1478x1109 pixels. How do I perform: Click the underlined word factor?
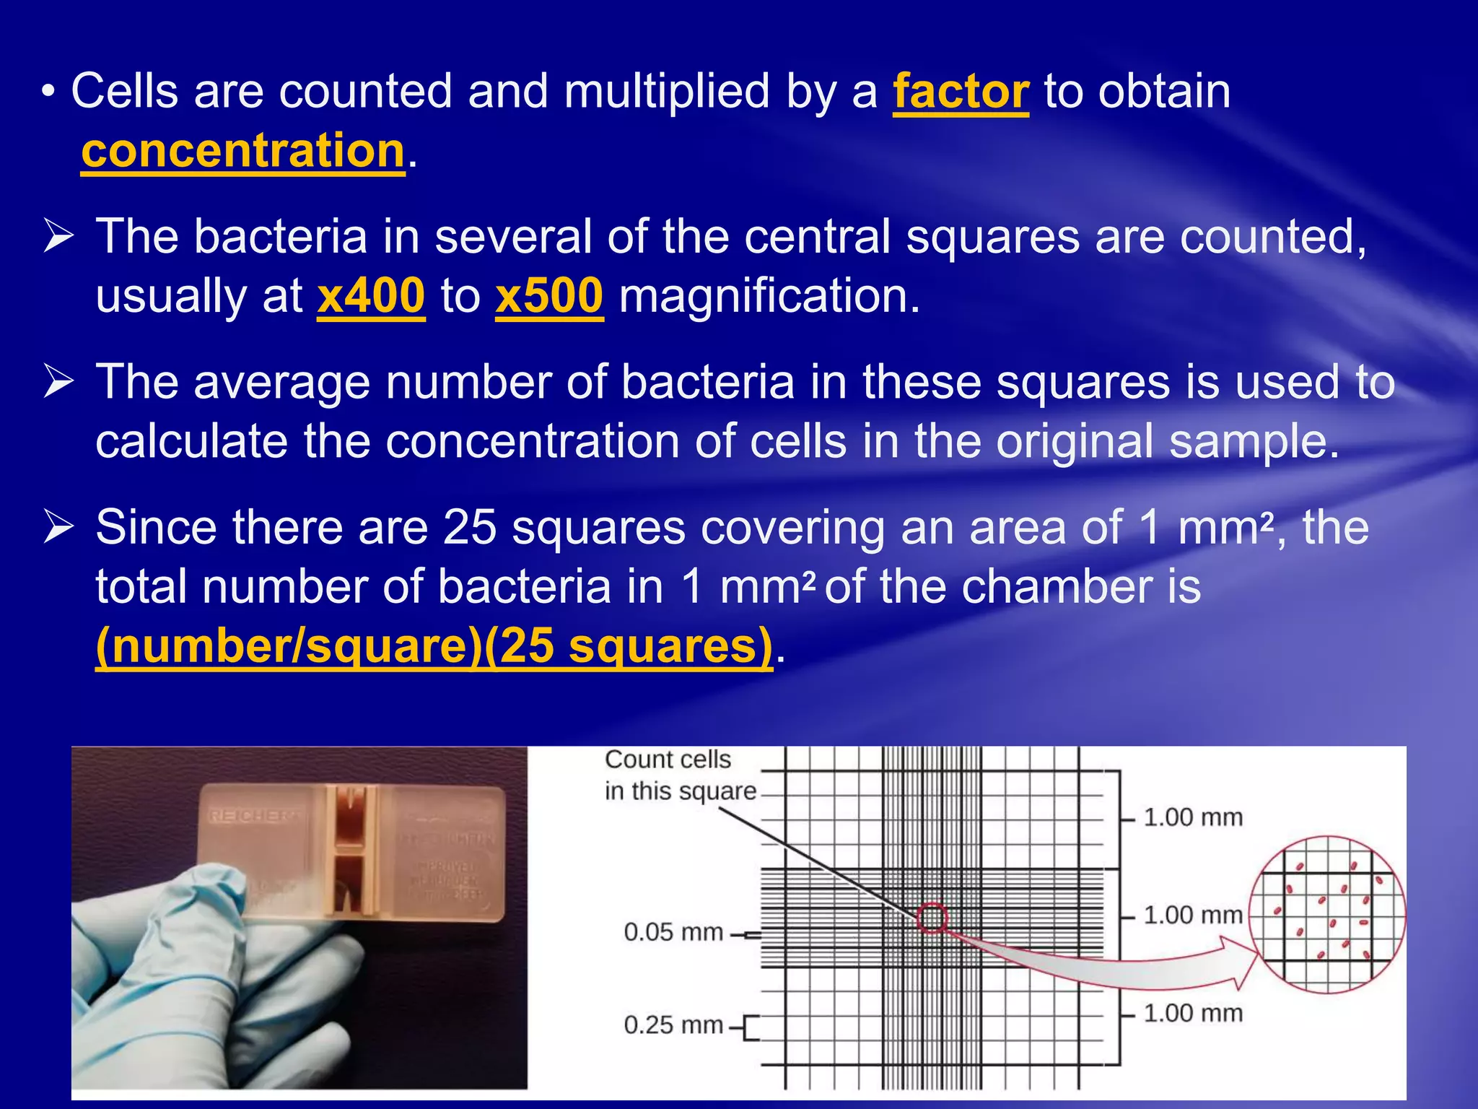[x=961, y=92]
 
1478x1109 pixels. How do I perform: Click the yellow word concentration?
[x=242, y=152]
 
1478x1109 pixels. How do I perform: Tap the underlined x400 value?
[x=371, y=296]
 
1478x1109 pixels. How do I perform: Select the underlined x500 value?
[x=549, y=296]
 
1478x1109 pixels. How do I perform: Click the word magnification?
[x=769, y=296]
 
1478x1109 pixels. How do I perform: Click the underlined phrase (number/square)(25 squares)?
[x=434, y=646]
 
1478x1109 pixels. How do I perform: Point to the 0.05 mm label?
[x=673, y=932]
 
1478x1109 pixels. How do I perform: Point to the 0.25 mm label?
[x=673, y=1025]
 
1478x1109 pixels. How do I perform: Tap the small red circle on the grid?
[x=932, y=918]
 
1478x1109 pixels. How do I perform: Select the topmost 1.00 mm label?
[x=1193, y=817]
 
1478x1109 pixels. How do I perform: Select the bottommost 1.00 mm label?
[x=1193, y=1013]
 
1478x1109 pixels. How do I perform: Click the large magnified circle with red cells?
[x=1328, y=915]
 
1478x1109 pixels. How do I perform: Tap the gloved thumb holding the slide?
[x=195, y=910]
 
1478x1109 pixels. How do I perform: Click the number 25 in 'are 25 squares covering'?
[x=469, y=527]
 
